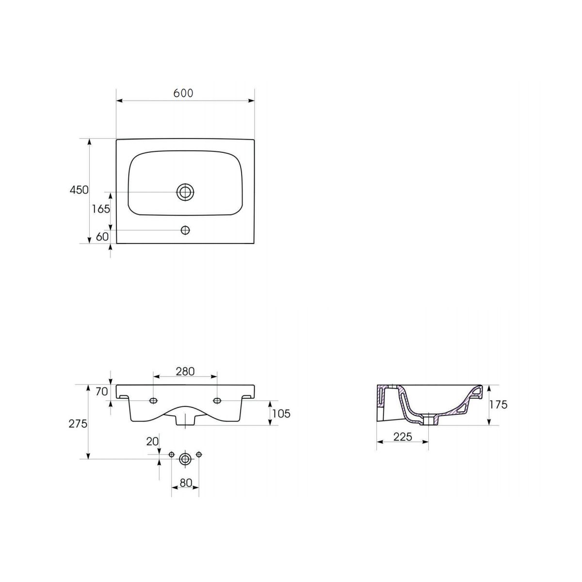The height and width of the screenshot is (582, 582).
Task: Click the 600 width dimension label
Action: pos(183,93)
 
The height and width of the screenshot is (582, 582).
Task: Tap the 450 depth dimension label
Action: pos(79,190)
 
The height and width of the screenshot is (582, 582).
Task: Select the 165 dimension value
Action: pos(101,209)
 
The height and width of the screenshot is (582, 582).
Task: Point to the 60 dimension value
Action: pos(102,237)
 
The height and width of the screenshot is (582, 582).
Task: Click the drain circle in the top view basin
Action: pos(185,192)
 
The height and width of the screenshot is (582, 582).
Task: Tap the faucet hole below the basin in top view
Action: pos(185,230)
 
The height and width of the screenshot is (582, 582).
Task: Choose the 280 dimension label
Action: pos(185,372)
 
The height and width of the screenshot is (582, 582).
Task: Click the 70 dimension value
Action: pos(102,392)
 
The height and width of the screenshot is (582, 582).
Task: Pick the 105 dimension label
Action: pos(281,414)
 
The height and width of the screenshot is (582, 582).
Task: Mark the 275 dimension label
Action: pos(78,424)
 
